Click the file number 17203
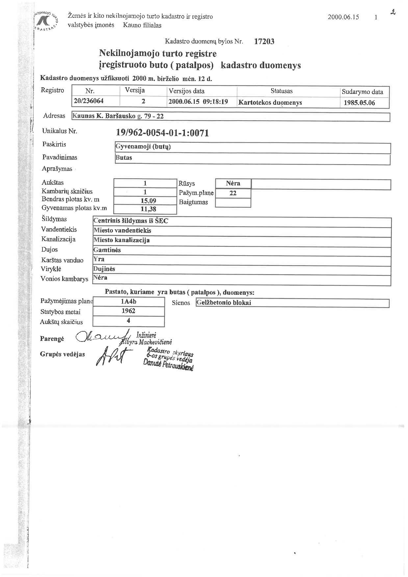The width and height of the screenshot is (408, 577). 264,41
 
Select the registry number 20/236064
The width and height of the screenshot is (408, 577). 89,101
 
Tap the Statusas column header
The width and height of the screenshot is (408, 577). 281,91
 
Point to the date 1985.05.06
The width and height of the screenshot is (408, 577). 359,103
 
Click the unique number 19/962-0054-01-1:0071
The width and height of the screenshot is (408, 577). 163,133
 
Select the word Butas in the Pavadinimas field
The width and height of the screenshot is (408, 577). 124,158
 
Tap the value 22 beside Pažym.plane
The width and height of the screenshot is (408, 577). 233,193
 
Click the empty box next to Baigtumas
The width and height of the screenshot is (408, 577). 233,203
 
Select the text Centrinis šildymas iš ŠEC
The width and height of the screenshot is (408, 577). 131,221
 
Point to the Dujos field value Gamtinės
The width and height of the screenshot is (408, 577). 107,250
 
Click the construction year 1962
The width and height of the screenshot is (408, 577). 128,311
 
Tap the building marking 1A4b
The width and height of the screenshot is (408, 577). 128,301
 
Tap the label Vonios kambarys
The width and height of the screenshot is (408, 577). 64,279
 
